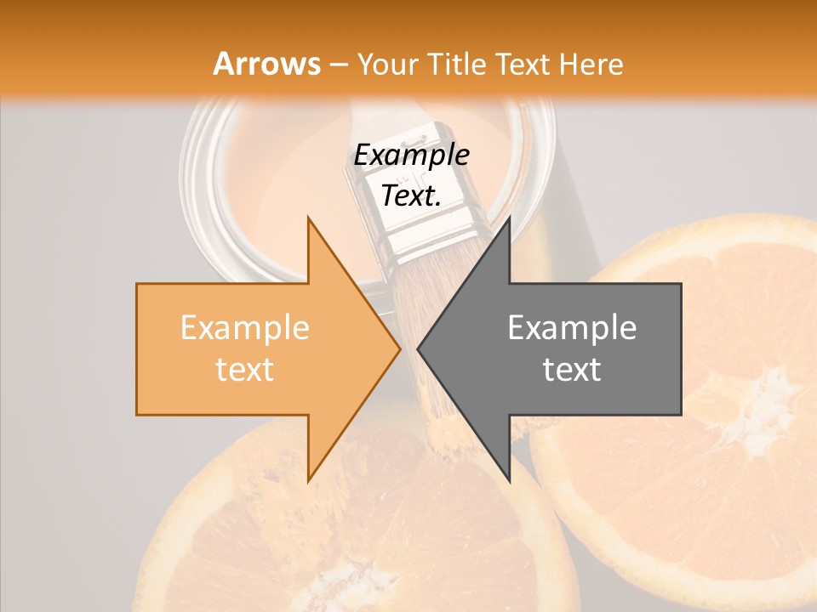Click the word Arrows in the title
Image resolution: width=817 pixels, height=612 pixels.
pos(267,64)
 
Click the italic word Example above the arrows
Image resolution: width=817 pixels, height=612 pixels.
pos(411,156)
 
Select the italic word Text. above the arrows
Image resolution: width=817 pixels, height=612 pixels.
pos(411,196)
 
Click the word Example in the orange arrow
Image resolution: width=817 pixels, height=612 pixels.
pos(245,328)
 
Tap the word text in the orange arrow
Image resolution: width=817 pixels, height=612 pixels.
pos(245,370)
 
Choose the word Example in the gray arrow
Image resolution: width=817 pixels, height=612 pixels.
pos(572,328)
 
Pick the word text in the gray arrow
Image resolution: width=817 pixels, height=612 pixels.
pos(572,370)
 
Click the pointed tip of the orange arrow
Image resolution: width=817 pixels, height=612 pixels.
pos(399,348)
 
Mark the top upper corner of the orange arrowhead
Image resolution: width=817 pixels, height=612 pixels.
pos(308,218)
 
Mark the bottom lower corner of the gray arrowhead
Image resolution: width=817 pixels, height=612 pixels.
pos(509,480)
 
